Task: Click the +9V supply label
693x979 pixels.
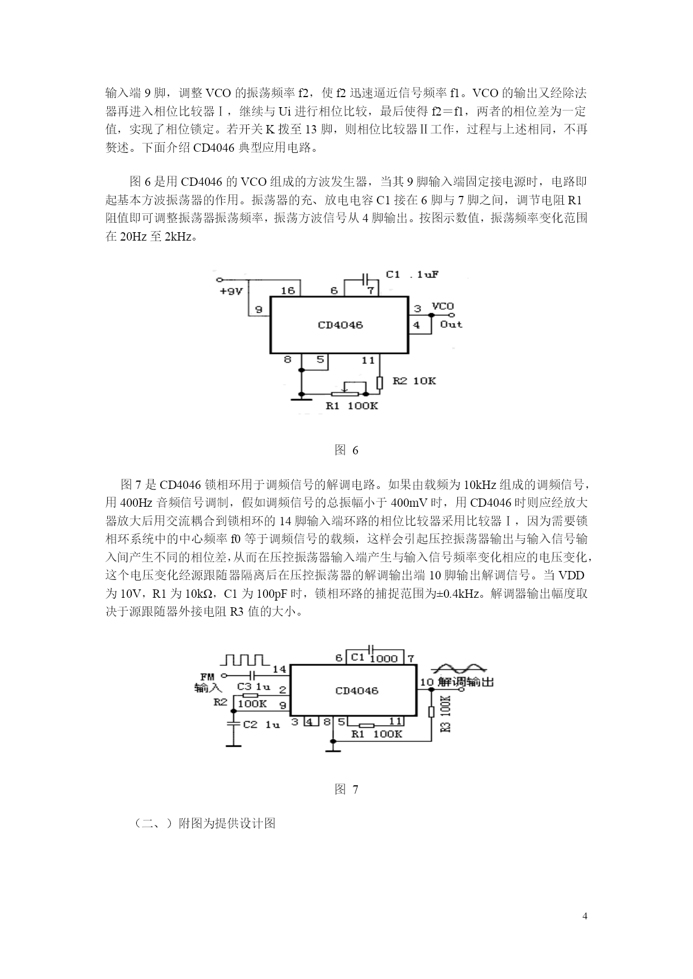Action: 230,291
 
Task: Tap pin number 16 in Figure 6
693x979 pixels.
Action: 288,291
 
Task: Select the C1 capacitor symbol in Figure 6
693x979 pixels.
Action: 366,277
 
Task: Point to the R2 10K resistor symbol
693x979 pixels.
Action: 380,383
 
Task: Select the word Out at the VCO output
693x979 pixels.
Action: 451,324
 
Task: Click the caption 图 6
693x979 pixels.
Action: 346,450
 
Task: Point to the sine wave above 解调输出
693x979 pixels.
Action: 461,668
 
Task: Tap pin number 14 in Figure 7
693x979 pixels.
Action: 279,669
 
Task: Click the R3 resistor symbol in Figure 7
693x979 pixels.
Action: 431,712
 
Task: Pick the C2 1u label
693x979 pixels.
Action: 261,724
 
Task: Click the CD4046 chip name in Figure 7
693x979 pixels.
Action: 357,691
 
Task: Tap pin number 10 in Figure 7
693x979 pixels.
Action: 427,682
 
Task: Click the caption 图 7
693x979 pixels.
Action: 346,789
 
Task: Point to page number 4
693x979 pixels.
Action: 585,916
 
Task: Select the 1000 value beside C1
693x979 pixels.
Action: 384,659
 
